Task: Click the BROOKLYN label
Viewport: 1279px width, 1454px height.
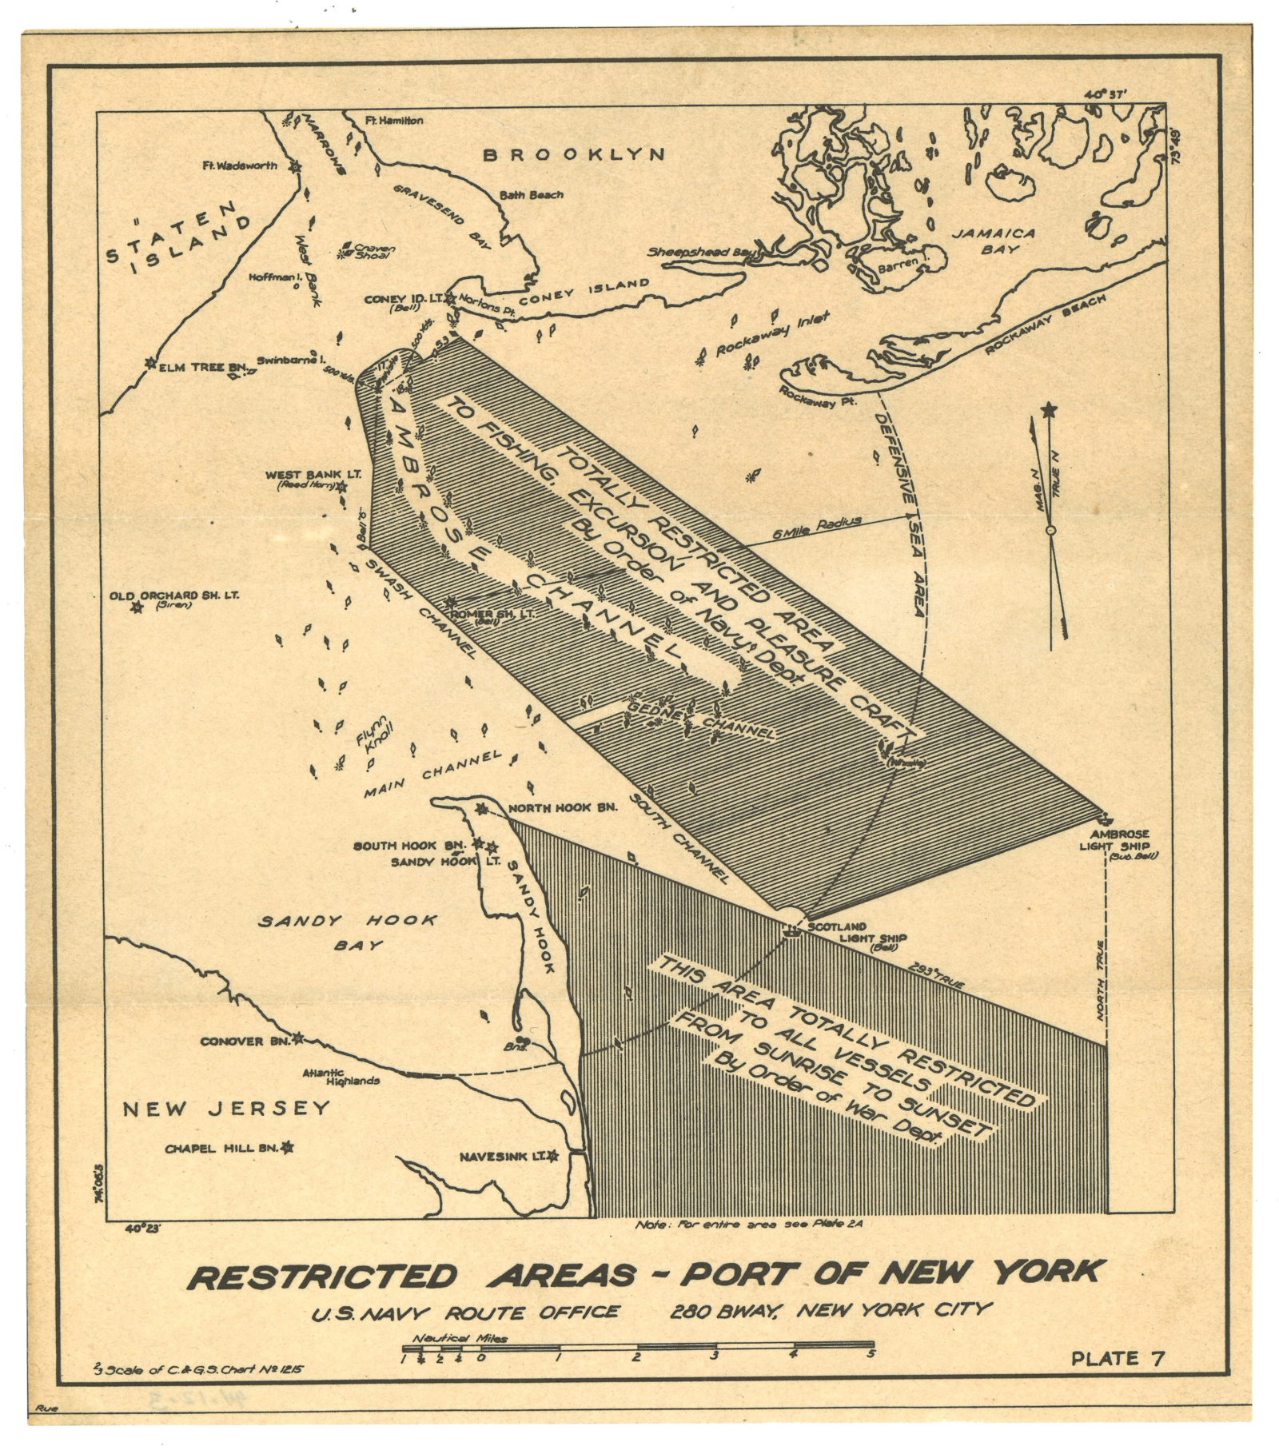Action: point(574,154)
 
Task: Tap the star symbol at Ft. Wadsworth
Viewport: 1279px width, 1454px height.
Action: point(297,167)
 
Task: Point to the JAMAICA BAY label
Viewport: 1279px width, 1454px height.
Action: point(992,241)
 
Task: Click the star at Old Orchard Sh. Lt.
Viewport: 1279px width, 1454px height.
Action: point(137,607)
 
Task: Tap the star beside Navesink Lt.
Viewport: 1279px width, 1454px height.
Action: point(551,1157)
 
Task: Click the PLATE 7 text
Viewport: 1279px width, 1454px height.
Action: point(1117,1357)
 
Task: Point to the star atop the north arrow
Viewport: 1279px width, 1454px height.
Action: point(1049,411)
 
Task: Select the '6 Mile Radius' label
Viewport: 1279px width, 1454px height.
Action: point(818,526)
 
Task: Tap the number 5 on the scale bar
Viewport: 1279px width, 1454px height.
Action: point(871,1353)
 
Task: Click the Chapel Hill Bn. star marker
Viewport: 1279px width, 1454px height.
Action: point(287,1148)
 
